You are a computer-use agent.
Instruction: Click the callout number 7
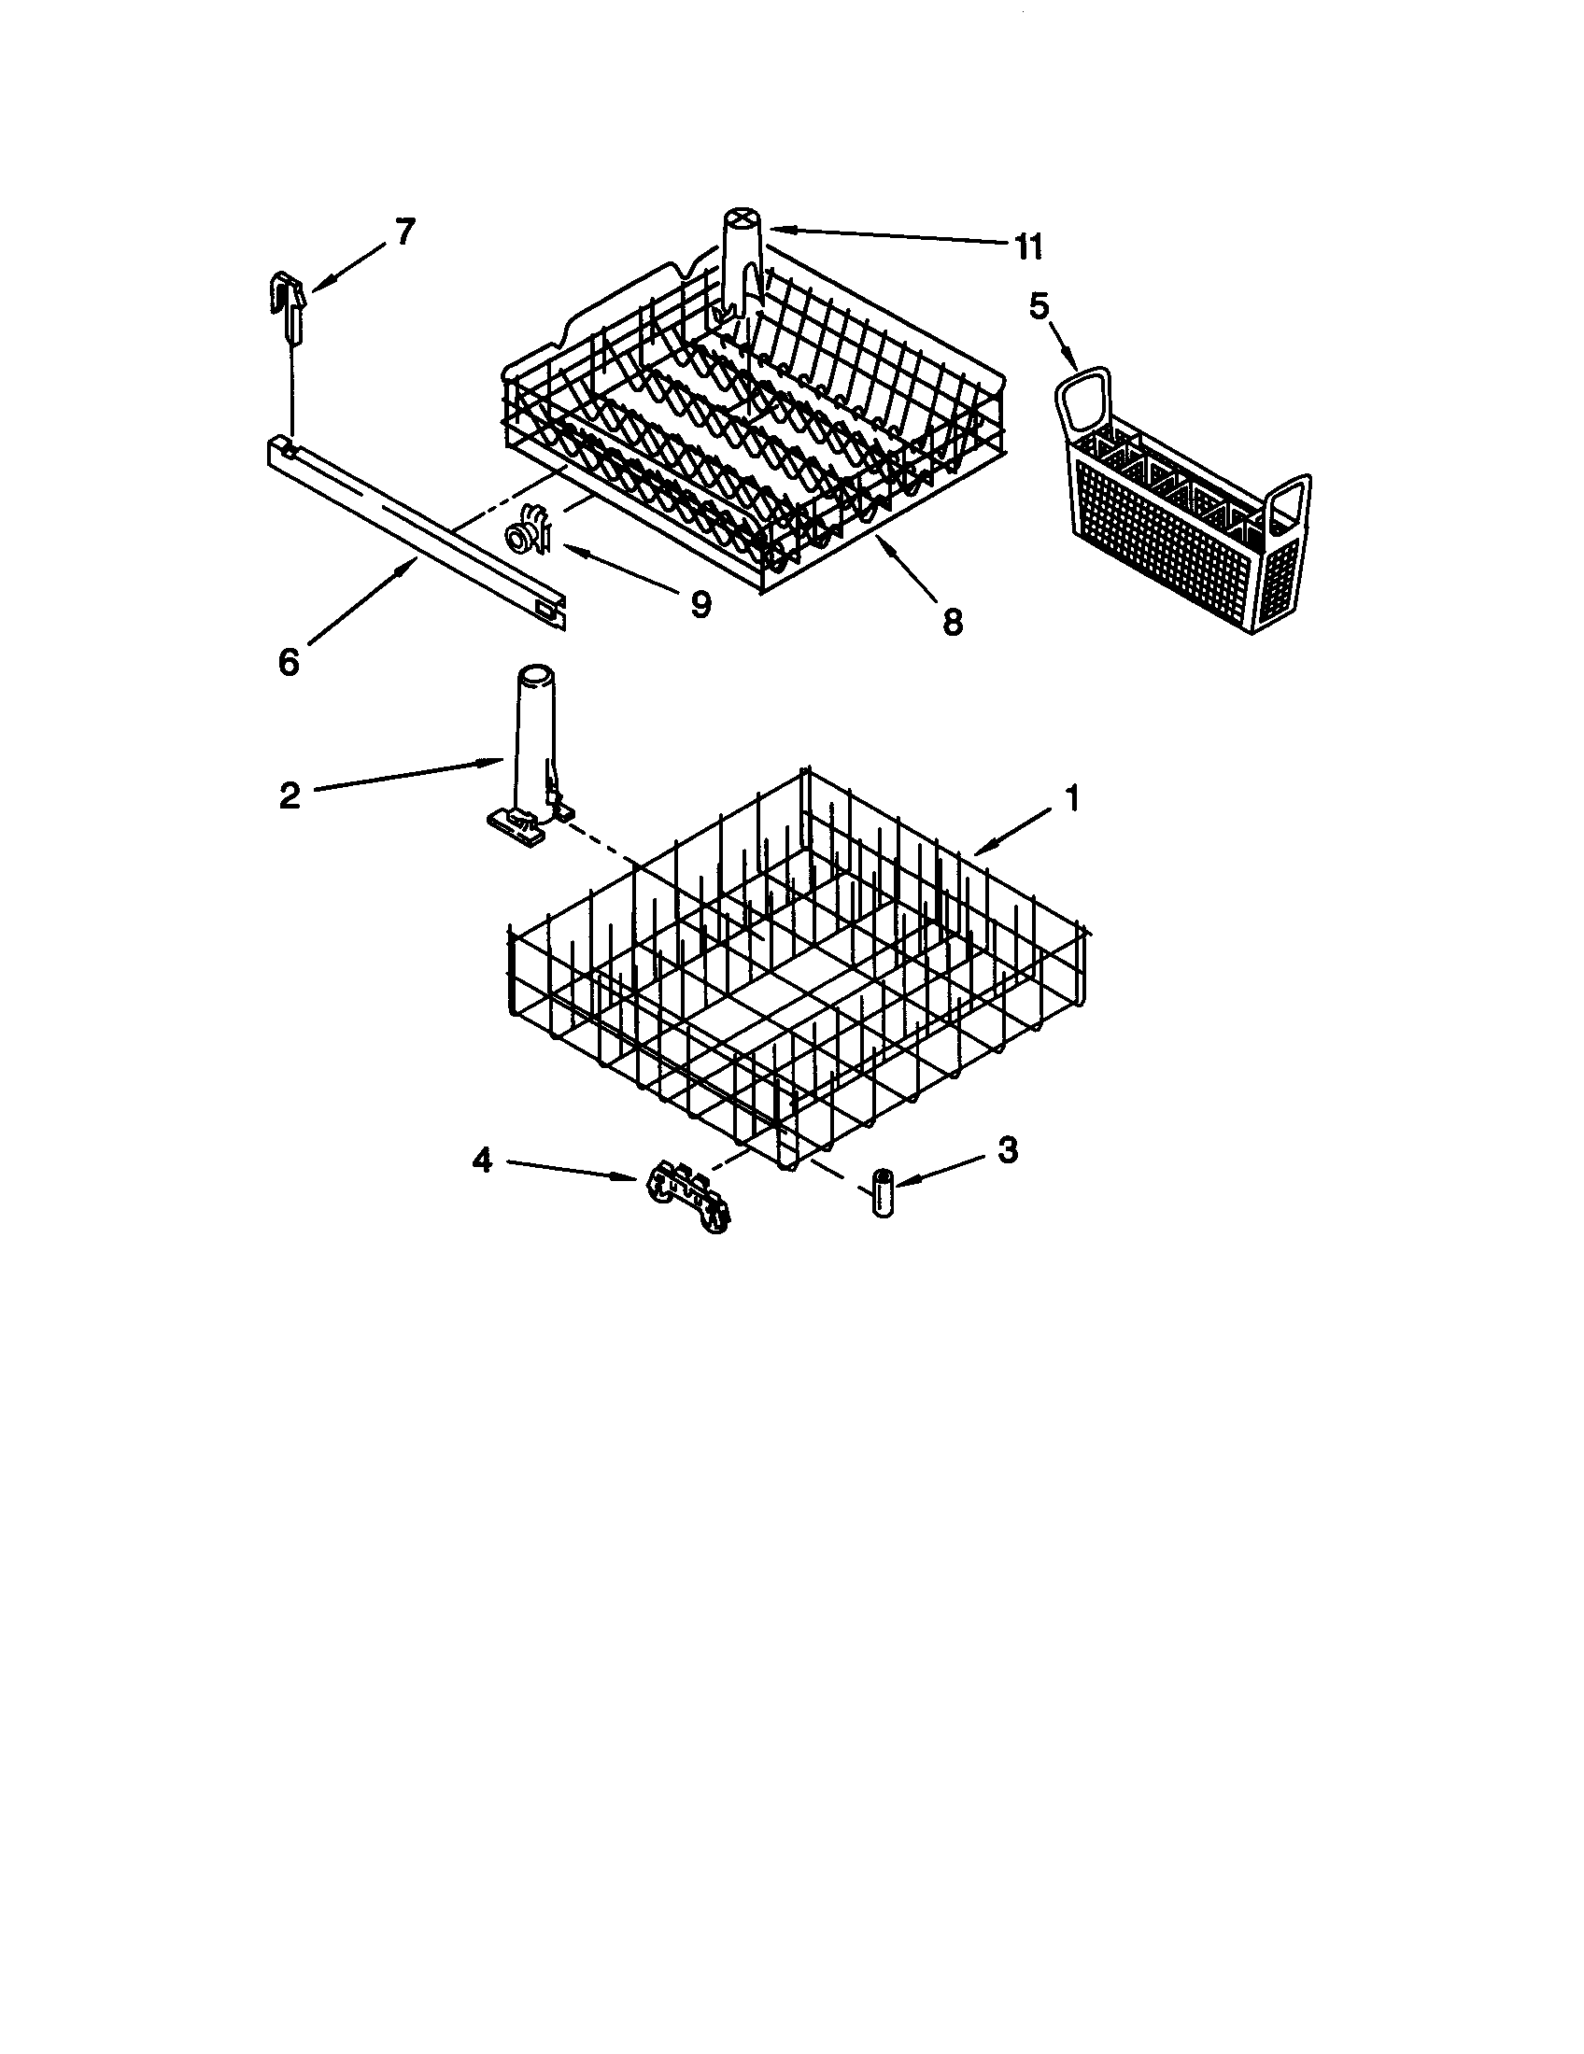pyautogui.click(x=403, y=232)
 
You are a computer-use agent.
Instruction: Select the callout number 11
pyautogui.click(x=1028, y=247)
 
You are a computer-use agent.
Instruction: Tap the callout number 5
pyautogui.click(x=1038, y=307)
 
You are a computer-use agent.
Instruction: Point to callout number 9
pyautogui.click(x=700, y=605)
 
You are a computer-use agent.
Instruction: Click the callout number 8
pyautogui.click(x=952, y=622)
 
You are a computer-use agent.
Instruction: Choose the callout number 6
pyautogui.click(x=289, y=662)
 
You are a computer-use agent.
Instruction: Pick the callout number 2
pyautogui.click(x=290, y=795)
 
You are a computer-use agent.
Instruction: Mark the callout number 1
pyautogui.click(x=1071, y=799)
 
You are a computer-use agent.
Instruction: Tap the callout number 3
pyautogui.click(x=1007, y=1149)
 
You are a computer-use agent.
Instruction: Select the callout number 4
pyautogui.click(x=482, y=1161)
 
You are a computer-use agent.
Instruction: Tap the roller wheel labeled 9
pyautogui.click(x=527, y=537)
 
